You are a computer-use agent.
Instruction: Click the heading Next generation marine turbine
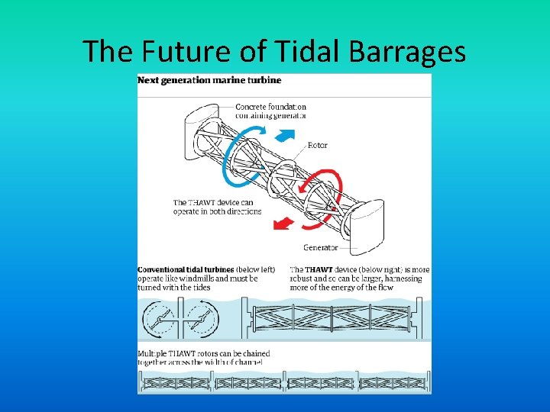pos(209,80)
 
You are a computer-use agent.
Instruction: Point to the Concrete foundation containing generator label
pos(270,111)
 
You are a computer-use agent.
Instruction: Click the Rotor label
pos(318,145)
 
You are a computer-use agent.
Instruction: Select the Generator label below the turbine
pos(321,247)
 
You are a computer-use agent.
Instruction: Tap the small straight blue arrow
pos(285,135)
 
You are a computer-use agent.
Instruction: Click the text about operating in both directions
pos(217,207)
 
